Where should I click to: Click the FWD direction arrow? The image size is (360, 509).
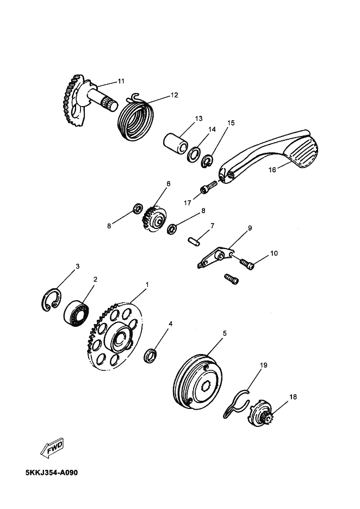52,448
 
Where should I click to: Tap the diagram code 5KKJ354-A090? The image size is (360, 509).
52,473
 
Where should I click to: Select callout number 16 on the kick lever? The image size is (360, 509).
272,170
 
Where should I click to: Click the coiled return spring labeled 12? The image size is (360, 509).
135,118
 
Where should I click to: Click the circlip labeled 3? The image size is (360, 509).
51,300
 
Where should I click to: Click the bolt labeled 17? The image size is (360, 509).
208,187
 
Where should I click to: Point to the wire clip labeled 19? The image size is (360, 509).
237,404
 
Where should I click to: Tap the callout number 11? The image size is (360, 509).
121,81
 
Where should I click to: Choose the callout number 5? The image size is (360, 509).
224,333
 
